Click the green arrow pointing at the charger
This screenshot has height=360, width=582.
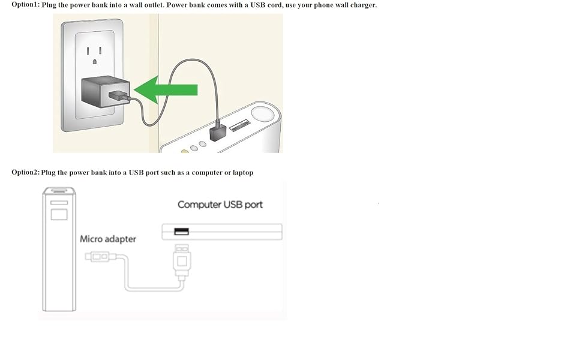[x=165, y=90]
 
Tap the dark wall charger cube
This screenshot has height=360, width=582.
[x=106, y=91]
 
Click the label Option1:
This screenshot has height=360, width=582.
[x=25, y=5]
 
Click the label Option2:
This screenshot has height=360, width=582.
[x=25, y=172]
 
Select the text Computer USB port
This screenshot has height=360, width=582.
[x=220, y=205]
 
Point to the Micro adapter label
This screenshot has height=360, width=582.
[x=108, y=239]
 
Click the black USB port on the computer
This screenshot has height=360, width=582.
[x=182, y=232]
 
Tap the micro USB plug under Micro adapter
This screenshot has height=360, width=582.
[x=97, y=256]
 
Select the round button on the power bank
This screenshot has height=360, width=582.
[x=262, y=113]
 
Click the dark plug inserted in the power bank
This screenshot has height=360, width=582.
[x=218, y=132]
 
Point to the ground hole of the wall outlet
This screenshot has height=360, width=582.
[x=95, y=62]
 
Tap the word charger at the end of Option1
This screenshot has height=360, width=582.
[x=364, y=5]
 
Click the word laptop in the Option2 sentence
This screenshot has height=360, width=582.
[x=243, y=173]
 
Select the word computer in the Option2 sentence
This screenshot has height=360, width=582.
[x=207, y=173]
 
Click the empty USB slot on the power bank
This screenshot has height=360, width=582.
[x=240, y=125]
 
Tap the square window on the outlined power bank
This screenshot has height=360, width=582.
[x=59, y=215]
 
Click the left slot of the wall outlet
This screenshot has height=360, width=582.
[x=88, y=51]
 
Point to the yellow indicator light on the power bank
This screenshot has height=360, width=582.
[x=184, y=151]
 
